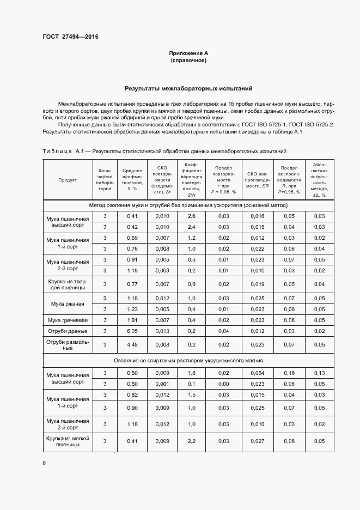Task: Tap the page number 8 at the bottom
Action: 44,463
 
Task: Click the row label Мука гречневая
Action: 68,320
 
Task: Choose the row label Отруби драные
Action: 68,331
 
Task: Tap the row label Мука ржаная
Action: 68,303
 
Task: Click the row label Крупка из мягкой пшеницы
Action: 68,441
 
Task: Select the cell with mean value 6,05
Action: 132,331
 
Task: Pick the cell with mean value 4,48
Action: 132,344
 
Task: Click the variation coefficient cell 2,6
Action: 191,216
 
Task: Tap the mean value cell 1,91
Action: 132,320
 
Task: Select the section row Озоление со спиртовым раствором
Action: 188,360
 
